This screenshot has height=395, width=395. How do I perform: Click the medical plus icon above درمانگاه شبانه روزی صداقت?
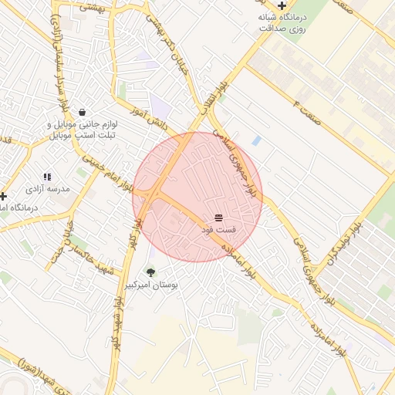click(x=282, y=5)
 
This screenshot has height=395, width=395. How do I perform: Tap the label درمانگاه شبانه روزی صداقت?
click(x=282, y=22)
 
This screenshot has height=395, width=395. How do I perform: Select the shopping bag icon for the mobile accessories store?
click(x=82, y=112)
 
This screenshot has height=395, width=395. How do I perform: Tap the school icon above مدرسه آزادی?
click(x=47, y=177)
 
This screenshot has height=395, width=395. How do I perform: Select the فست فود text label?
click(x=218, y=231)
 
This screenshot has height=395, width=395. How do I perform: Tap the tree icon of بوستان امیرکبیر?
click(x=150, y=272)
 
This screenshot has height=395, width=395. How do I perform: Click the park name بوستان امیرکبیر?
click(x=152, y=285)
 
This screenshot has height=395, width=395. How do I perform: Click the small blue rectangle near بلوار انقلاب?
click(x=256, y=140)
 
